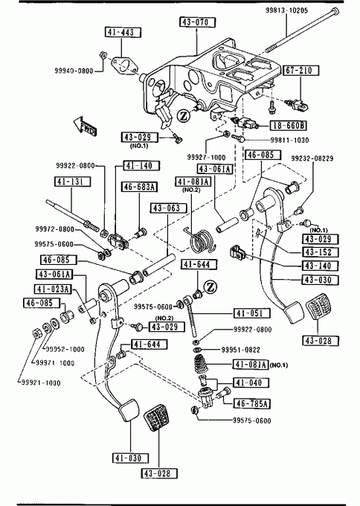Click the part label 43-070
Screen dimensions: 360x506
point(197,22)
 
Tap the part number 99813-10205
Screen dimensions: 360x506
point(286,10)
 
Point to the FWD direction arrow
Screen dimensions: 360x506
point(85,126)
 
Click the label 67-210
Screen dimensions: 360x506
point(301,71)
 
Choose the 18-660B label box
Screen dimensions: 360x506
point(288,125)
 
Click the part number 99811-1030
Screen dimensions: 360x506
point(289,140)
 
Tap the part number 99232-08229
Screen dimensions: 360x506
point(312,158)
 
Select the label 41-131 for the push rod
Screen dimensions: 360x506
point(72,182)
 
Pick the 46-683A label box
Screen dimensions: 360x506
point(139,187)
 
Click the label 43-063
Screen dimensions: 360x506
point(169,208)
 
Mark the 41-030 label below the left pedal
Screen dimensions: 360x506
point(131,458)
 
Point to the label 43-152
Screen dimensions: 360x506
point(321,252)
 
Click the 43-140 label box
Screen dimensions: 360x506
point(321,266)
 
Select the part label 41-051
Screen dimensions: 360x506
point(252,313)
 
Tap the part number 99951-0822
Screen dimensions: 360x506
point(241,350)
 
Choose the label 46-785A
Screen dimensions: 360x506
point(252,403)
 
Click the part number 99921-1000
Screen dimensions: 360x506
point(41,383)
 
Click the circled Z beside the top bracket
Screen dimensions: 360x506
point(184,116)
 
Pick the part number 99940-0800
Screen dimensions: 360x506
point(74,71)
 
